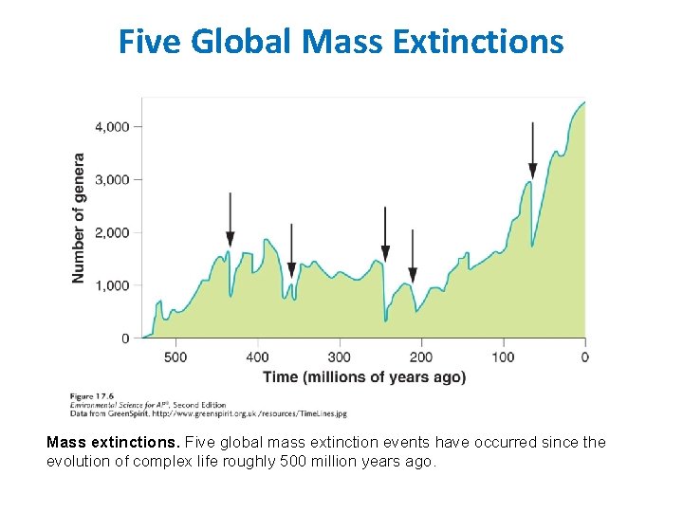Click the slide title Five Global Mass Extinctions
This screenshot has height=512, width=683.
(341, 42)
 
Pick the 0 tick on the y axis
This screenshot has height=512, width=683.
(125, 338)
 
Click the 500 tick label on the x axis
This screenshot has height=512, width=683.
(175, 357)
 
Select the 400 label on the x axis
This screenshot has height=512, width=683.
(257, 357)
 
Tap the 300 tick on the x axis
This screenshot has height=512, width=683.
(339, 357)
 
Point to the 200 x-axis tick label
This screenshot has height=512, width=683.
(420, 357)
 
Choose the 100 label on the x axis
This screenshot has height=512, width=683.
(503, 357)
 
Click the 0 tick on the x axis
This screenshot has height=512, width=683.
(584, 357)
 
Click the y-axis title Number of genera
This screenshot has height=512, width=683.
(79, 217)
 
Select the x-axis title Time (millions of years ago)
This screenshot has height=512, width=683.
(364, 377)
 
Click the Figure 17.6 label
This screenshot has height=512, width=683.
(92, 395)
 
